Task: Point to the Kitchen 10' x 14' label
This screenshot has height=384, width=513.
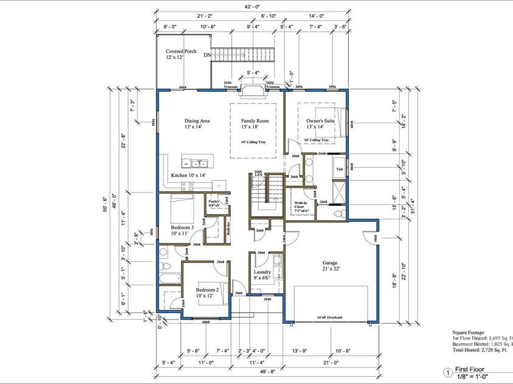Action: [x=188, y=176]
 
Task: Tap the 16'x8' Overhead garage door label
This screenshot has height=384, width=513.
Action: [x=329, y=318]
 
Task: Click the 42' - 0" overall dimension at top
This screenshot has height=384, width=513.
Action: [x=253, y=7]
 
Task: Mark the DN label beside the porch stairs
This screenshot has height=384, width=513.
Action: [x=208, y=56]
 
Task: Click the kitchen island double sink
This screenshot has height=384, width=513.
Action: [x=198, y=163]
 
